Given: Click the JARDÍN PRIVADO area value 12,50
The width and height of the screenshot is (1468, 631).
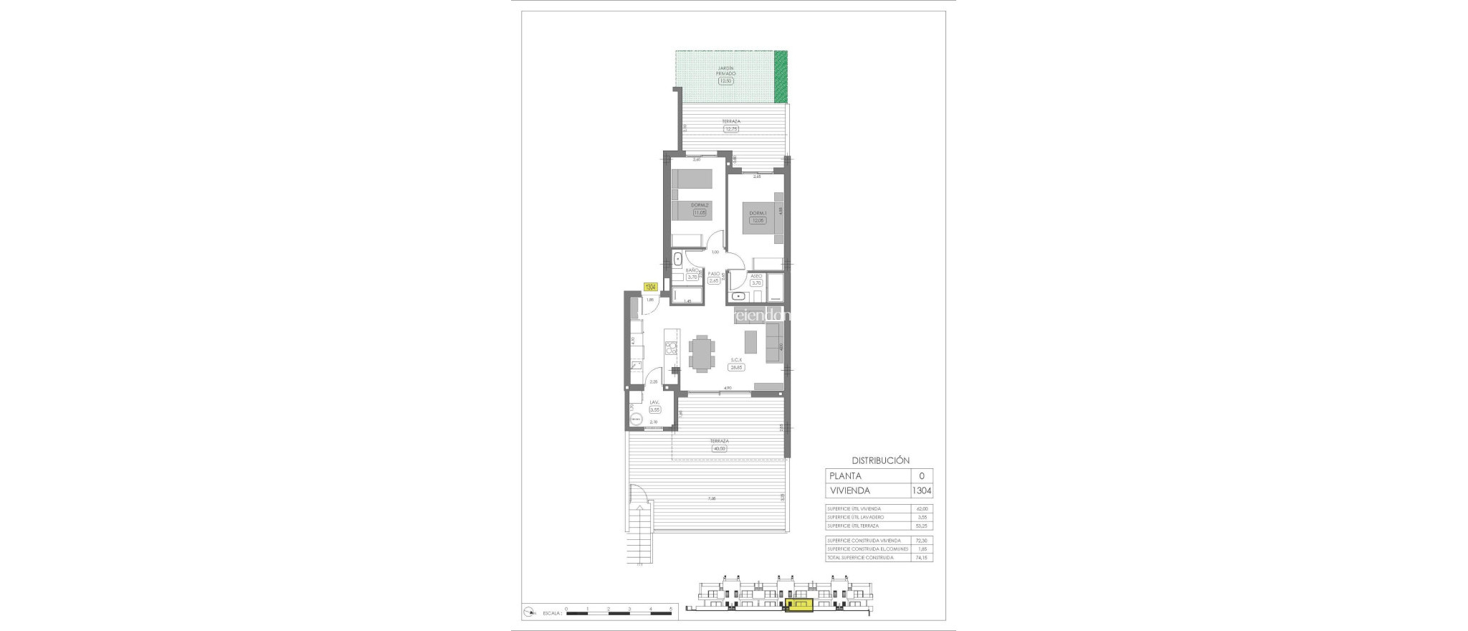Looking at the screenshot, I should [x=726, y=81].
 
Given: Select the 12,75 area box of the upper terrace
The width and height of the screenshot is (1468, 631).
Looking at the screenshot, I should [x=731, y=129].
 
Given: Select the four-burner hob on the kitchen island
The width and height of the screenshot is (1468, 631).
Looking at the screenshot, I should [x=170, y=349].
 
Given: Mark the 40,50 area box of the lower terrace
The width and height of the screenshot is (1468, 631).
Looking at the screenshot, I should [x=719, y=449].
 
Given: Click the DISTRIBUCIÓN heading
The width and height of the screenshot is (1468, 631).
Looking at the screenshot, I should [x=880, y=460].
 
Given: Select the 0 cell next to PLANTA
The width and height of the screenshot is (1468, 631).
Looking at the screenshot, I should [x=922, y=475].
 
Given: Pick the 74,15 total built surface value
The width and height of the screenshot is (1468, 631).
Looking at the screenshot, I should [x=922, y=557].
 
